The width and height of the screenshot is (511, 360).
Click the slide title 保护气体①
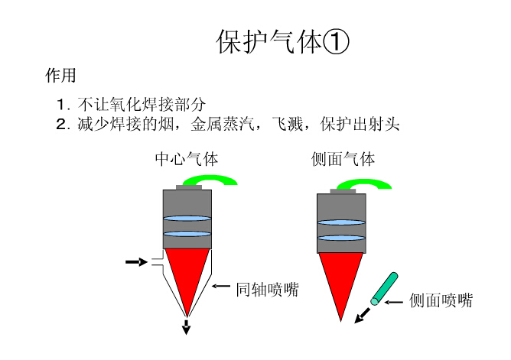pyautogui.click(x=282, y=42)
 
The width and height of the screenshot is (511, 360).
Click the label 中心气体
pyautogui.click(x=187, y=160)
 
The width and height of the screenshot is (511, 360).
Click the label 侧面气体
pyautogui.click(x=343, y=160)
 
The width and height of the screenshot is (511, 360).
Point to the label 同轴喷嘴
pyautogui.click(x=267, y=290)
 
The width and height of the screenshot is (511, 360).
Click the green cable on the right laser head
pyautogui.click(x=371, y=183)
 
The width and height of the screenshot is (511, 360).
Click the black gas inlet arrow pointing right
pyautogui.click(x=135, y=262)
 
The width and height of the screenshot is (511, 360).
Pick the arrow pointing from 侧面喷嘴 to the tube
pyautogui.click(x=394, y=303)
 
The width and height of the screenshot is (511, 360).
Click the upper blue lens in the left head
pyautogui.click(x=187, y=219)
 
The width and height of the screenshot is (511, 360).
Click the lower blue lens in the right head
pyautogui.click(x=341, y=238)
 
